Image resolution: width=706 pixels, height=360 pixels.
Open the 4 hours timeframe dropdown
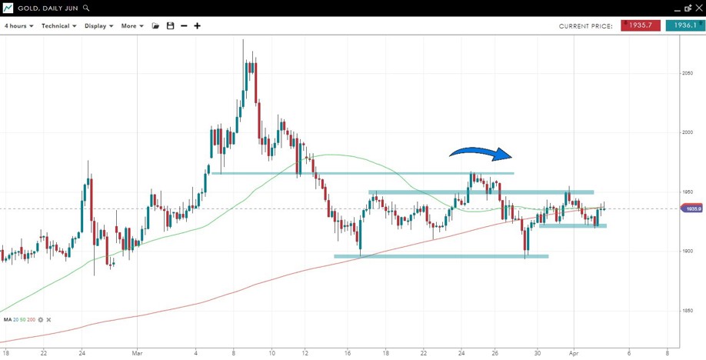pos(18,26)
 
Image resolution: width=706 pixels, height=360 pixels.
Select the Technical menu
pos(58,26)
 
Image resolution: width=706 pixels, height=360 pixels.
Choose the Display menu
pos(98,26)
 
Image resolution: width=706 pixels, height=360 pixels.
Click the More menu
pos(132,26)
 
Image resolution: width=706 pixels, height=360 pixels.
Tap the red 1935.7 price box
pos(641,25)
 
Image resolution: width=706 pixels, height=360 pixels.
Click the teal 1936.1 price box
pos(684,25)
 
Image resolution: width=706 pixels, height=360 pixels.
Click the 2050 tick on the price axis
pos(687,73)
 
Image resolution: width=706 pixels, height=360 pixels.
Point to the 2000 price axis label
pos(687,132)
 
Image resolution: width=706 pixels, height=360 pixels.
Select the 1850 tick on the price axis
pos(687,311)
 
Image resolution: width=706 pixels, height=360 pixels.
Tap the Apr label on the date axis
pos(574,353)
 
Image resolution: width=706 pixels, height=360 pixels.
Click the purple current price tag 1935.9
pos(692,208)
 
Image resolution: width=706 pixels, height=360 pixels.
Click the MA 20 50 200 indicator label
pos(19,319)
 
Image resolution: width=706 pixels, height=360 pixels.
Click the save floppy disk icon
pos(170,26)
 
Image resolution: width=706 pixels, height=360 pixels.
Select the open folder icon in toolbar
pos(155,26)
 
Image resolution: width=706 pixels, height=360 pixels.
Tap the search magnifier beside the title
pos(86,8)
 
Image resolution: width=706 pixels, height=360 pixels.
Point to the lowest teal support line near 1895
pos(441,256)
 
